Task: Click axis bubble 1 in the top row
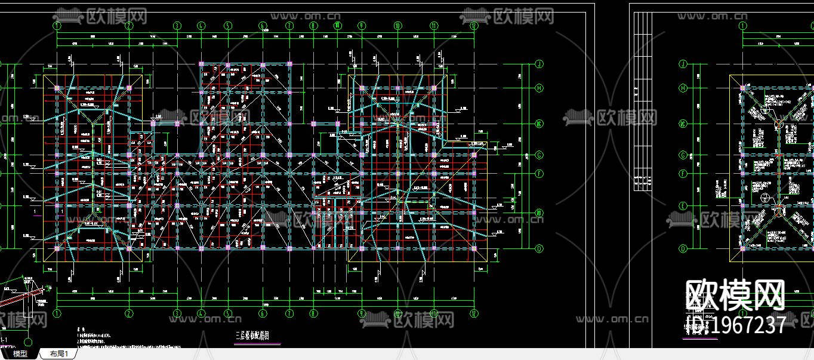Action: click(x=57, y=26)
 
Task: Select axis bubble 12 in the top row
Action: click(x=473, y=26)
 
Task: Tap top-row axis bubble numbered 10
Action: click(x=397, y=26)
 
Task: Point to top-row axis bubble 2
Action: click(x=128, y=26)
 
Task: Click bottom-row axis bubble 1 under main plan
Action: click(x=57, y=313)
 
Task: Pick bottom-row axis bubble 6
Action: click(x=262, y=313)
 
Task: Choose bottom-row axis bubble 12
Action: click(x=473, y=313)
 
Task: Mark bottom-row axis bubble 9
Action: click(x=362, y=313)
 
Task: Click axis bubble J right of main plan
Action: click(x=539, y=63)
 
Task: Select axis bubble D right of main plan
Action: click(x=539, y=248)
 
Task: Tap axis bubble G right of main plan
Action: click(x=539, y=155)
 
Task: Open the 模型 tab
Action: click(x=20, y=354)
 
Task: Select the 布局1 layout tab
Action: click(x=58, y=354)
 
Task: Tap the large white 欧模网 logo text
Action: click(x=735, y=295)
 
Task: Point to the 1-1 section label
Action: click(x=4, y=340)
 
